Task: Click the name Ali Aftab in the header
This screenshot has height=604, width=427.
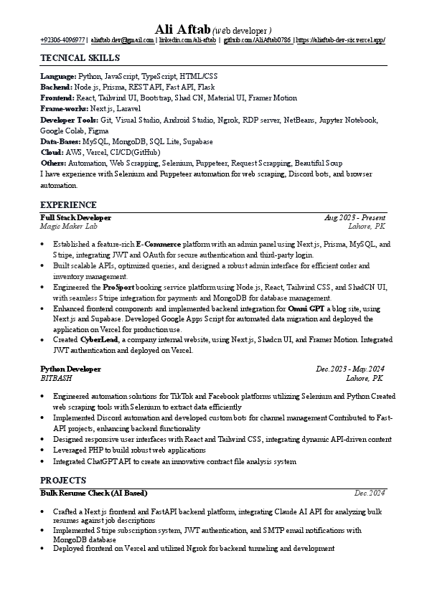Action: click(x=182, y=29)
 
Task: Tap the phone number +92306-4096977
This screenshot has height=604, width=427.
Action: click(x=63, y=41)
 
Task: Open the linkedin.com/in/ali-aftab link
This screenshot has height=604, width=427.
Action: click(x=187, y=41)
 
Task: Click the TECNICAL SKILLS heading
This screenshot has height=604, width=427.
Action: click(x=80, y=58)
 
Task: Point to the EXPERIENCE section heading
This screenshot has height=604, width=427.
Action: click(x=68, y=205)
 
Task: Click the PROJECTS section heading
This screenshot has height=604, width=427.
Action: click(x=63, y=481)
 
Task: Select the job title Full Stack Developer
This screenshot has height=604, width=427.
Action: click(x=75, y=217)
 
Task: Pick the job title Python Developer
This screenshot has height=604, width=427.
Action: click(x=70, y=369)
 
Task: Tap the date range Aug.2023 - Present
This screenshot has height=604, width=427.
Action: click(x=355, y=217)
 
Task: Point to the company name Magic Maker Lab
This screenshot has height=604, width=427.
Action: click(x=68, y=226)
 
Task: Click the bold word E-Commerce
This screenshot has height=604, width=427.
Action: click(x=159, y=245)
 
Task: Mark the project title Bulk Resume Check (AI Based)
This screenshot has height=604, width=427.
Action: click(x=93, y=493)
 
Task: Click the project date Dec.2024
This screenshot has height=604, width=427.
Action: click(x=370, y=493)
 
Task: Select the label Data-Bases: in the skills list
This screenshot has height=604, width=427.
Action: click(x=60, y=142)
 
